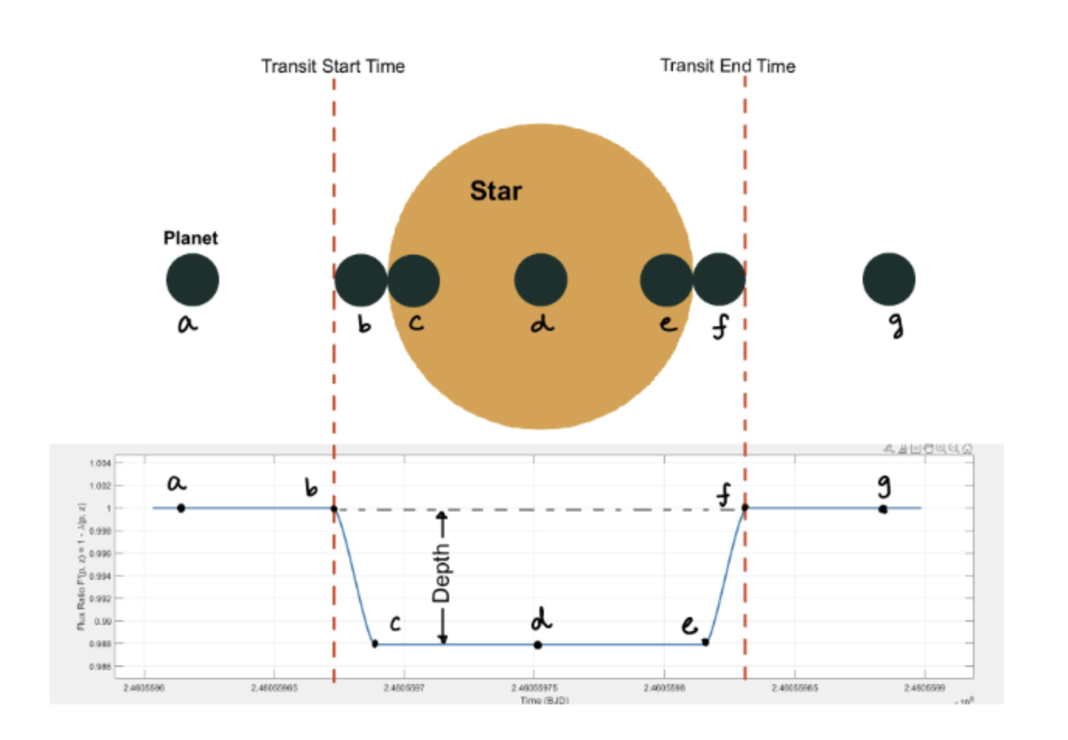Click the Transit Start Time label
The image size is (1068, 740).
point(333,66)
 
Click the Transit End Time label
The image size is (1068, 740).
point(727,65)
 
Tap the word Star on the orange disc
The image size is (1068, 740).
point(496,191)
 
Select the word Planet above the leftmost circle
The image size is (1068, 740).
point(190,238)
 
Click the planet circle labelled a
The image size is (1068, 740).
point(192,280)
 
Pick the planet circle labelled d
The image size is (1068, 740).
point(541,280)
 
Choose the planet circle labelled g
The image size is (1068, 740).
point(888,280)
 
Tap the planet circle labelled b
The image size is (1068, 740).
point(360,280)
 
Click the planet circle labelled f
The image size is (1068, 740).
point(718,280)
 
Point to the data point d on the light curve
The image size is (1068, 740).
point(537,645)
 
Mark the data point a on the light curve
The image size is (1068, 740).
point(181,508)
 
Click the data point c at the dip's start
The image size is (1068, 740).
point(375,644)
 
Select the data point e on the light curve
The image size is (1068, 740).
point(705,642)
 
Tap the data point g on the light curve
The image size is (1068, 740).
point(883,509)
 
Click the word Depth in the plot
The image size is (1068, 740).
point(441,573)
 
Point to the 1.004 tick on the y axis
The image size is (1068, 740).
point(100,463)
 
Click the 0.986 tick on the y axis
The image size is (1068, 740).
point(100,666)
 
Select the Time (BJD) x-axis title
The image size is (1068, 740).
point(544,700)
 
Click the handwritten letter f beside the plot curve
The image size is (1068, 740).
point(723,495)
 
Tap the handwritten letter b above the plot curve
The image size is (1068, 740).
point(310,487)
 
